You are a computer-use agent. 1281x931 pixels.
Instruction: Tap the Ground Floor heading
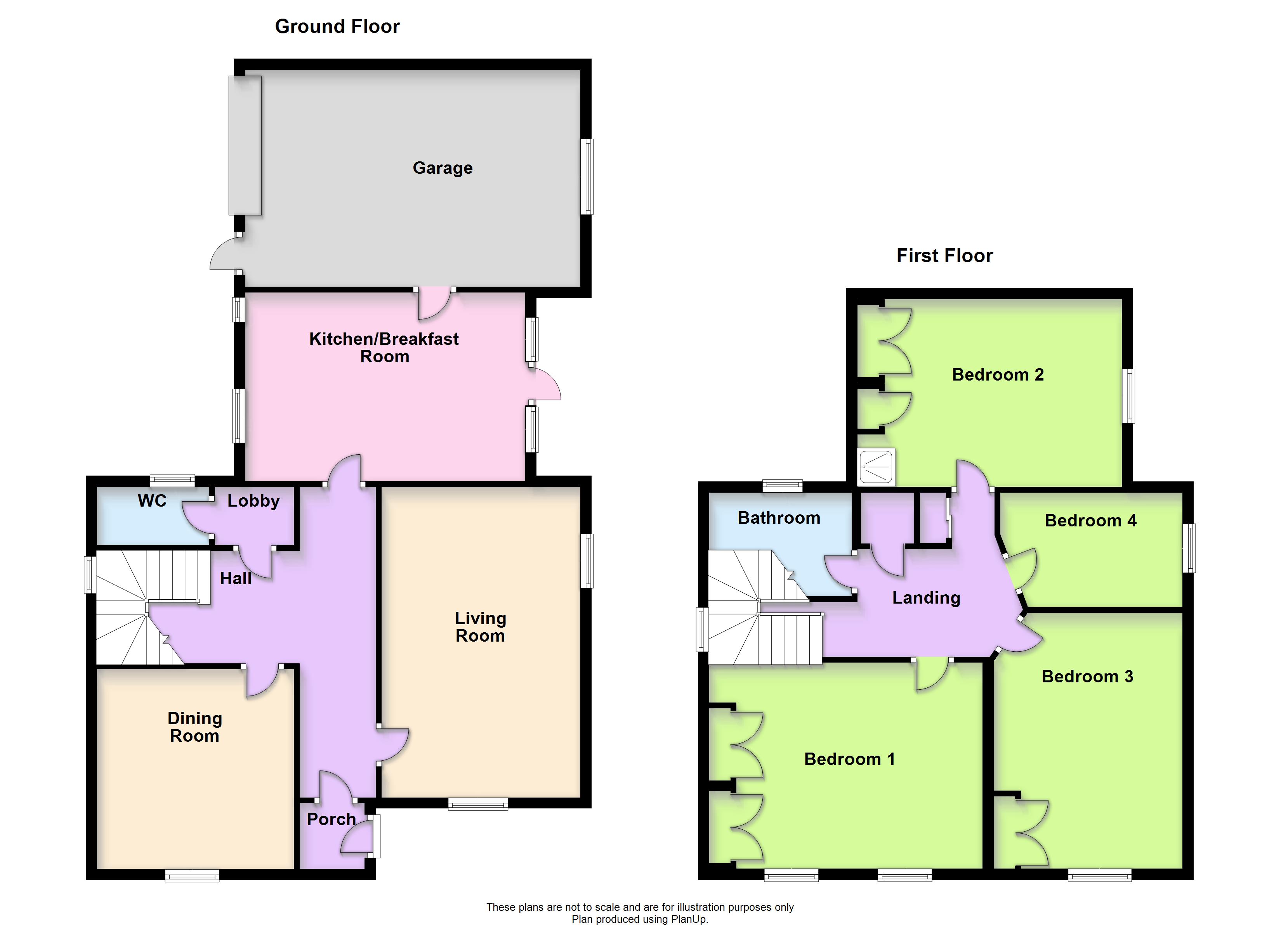click(337, 26)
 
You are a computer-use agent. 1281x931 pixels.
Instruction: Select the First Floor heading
click(944, 256)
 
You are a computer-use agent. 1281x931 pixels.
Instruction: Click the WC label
click(152, 501)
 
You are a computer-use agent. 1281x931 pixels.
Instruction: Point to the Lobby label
click(253, 501)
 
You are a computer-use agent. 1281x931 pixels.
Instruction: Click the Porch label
click(331, 819)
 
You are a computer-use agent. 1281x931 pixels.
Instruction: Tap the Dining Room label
click(195, 727)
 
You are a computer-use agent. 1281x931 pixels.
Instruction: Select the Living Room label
click(480, 627)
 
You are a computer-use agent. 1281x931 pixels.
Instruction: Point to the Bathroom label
click(779, 518)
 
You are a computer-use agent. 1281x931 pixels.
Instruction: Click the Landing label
click(926, 598)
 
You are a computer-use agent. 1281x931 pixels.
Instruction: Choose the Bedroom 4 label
click(1090, 521)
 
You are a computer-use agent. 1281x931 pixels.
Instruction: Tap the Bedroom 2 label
click(998, 375)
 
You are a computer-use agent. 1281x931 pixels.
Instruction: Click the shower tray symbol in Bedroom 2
click(876, 467)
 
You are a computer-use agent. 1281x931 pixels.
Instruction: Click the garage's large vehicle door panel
click(245, 145)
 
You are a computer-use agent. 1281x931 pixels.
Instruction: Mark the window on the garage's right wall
click(587, 177)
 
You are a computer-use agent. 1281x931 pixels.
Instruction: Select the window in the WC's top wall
click(172, 481)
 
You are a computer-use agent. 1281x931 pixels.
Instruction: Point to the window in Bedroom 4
click(1189, 548)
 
